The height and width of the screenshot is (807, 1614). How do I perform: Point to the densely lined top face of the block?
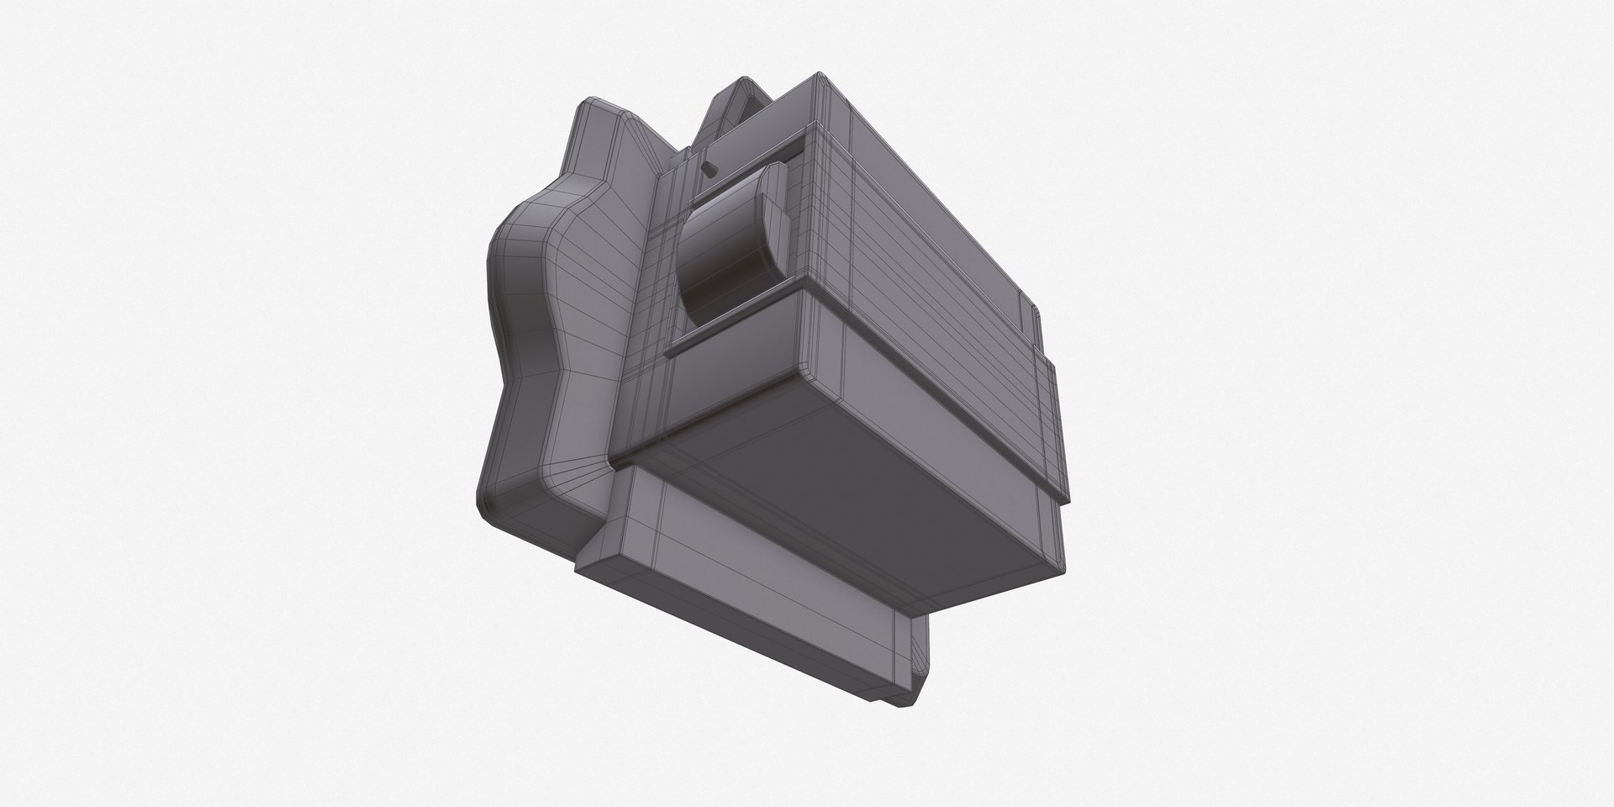pos(933,210)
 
